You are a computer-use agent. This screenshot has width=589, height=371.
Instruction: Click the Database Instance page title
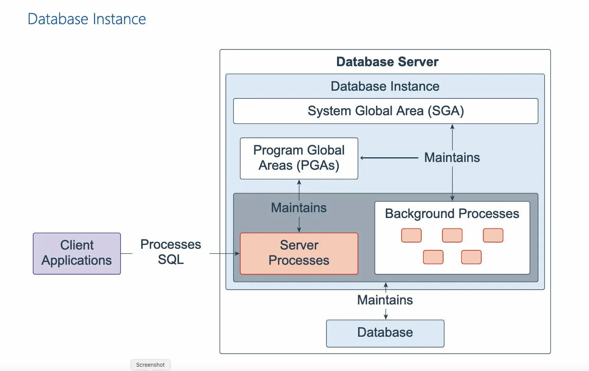87,19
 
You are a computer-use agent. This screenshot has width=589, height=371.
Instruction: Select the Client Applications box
77,253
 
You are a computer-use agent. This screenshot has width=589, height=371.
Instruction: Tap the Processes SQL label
170,252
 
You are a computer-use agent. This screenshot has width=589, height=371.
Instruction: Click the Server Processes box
299,253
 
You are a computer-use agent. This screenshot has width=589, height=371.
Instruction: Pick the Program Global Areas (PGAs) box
299,158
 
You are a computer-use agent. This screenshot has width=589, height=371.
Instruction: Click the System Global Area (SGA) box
385,111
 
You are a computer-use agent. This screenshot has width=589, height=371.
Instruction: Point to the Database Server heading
387,62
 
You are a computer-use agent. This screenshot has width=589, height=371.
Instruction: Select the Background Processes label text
452,214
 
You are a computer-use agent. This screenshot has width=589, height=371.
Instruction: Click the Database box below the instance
385,333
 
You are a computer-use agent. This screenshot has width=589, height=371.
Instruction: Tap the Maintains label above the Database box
385,300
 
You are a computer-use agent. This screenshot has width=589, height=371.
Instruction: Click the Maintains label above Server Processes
299,208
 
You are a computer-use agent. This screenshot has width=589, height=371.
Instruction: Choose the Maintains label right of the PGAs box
452,158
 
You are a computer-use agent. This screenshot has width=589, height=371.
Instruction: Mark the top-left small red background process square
411,236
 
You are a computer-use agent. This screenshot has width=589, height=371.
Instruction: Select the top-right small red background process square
493,236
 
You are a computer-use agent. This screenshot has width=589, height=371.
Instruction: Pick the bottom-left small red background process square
433,257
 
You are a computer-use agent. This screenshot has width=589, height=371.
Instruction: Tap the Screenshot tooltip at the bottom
151,365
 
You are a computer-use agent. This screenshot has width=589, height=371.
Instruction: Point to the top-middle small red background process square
452,236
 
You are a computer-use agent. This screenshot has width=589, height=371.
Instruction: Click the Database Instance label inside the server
385,86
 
